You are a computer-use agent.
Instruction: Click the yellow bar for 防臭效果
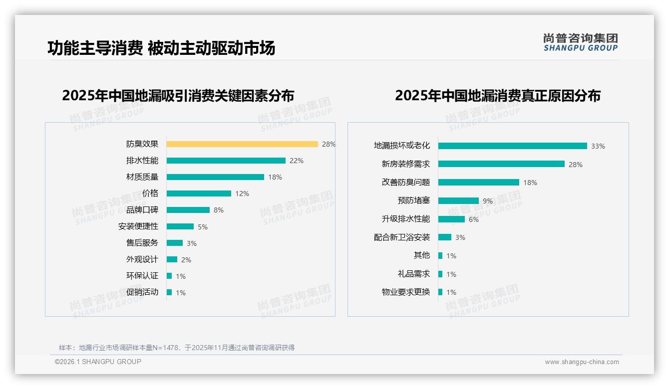point(242,144)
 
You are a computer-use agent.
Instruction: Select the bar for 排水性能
point(226,161)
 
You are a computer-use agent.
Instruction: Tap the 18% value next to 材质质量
point(275,177)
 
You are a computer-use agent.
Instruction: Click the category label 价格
point(150,193)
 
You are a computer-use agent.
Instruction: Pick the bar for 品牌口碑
point(188,210)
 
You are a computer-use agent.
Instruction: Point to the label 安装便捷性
point(138,226)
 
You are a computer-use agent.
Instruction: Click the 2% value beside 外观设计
point(186,260)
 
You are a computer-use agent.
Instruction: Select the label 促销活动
point(142,292)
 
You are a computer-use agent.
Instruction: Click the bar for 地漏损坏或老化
point(513,146)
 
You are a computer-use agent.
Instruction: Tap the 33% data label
point(598,146)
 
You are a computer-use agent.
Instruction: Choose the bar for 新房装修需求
point(501,164)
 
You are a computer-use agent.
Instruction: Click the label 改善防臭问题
point(405,182)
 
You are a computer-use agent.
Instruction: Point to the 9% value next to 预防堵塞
point(487,201)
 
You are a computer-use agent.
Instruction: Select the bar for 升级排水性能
point(451,219)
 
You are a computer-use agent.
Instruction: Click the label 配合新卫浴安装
point(402,237)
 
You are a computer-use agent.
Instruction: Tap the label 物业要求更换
point(405,292)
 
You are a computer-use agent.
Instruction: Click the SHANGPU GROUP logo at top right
point(580,42)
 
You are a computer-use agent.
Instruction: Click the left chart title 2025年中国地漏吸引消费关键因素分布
point(178,95)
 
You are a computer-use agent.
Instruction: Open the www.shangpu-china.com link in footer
point(582,362)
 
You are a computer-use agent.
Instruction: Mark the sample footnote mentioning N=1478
point(177,348)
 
